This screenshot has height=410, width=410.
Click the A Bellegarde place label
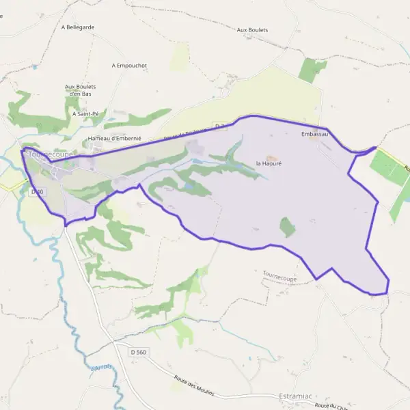coord(78,27)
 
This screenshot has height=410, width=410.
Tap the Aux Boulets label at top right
coord(252,30)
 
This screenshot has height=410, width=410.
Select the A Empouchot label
coord(129,66)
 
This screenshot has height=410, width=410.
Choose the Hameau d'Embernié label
coord(114,139)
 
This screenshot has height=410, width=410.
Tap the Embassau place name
coord(314,135)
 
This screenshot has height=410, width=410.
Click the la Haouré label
coord(269,164)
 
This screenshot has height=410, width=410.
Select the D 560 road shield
coord(137,351)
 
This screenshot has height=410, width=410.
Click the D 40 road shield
coord(37,192)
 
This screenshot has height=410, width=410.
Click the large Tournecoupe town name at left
coord(50,155)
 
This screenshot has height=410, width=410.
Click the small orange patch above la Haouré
coord(269,157)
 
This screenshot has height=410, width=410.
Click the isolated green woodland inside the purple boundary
coord(288,227)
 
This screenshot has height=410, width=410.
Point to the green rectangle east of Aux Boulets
coord(313,70)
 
